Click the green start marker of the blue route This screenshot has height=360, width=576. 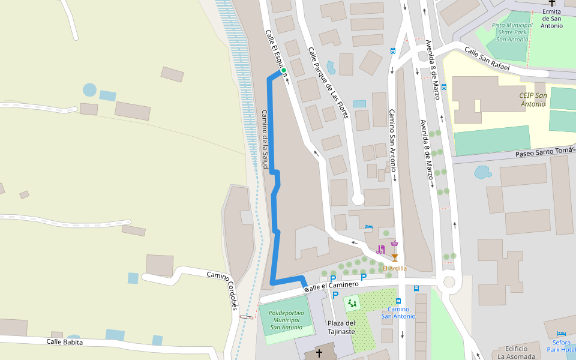283,71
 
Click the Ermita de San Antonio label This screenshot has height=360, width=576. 551,18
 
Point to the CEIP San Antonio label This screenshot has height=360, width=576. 533,100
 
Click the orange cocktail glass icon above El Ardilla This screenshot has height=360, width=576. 394,257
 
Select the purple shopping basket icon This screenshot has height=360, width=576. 394,244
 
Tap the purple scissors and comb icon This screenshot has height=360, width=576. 380,250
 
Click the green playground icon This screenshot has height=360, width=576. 352,304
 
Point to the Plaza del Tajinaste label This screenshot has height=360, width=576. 341,327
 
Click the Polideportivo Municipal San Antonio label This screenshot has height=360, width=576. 286,320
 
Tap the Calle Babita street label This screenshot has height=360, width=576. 65,342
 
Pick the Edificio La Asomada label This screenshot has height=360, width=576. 516,352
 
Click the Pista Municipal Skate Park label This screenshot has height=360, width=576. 512,32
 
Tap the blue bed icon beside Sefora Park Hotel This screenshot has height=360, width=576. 562,334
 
